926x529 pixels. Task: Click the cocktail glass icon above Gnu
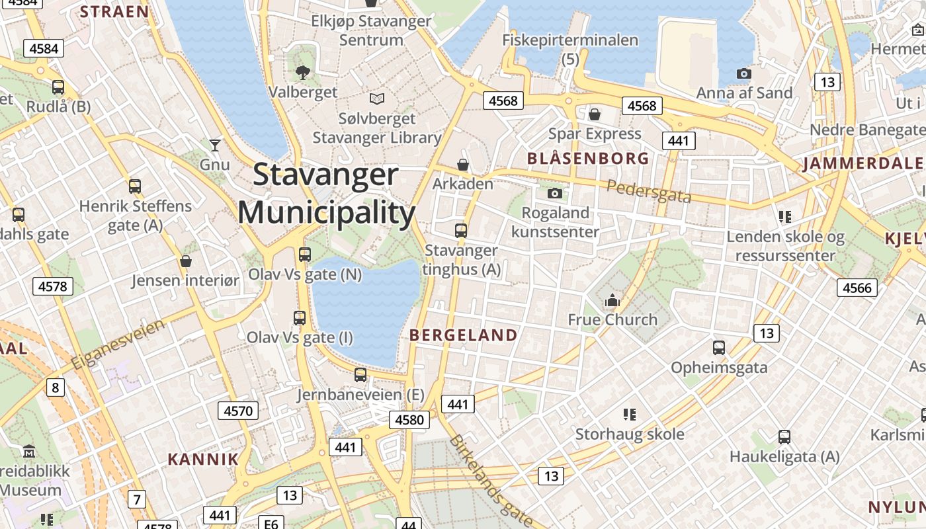(x=214, y=145)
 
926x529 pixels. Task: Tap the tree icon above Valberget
(x=304, y=72)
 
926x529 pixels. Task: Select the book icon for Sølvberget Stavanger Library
(x=377, y=99)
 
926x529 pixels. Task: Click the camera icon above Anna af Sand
(x=744, y=73)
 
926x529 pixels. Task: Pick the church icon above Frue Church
(x=612, y=300)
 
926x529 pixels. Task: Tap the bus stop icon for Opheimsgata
(x=719, y=347)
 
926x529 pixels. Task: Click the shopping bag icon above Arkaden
(x=463, y=164)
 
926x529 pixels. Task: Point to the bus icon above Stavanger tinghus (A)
(x=461, y=231)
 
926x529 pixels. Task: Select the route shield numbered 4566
(x=858, y=288)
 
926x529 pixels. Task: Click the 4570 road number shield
(x=238, y=411)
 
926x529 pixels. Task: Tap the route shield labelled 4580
(x=409, y=420)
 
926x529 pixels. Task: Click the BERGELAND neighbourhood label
(x=463, y=335)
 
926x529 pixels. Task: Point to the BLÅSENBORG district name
(x=588, y=159)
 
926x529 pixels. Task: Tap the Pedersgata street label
(x=649, y=191)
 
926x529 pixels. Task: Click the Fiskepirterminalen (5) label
(x=570, y=49)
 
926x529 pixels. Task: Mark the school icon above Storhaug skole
(x=629, y=415)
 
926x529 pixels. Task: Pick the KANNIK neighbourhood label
(x=203, y=460)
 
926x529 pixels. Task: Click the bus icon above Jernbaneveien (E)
(x=360, y=375)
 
